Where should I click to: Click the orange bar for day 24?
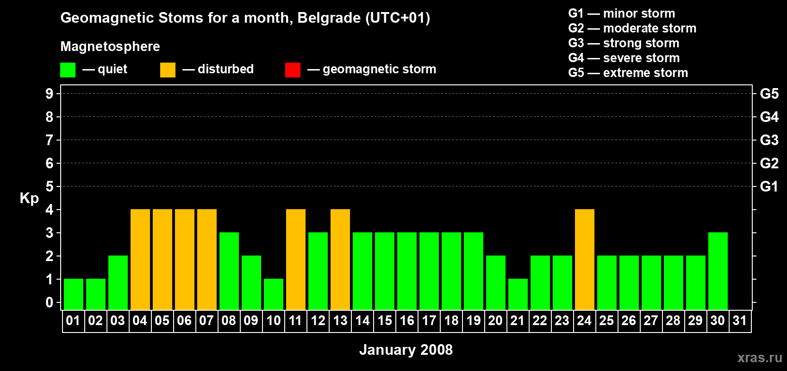(584, 259)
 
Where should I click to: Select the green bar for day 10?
(274, 294)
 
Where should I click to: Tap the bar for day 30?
(718, 271)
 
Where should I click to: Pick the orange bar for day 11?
(296, 259)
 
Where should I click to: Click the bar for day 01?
(74, 294)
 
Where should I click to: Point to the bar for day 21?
(518, 294)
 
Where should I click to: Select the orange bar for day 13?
(340, 259)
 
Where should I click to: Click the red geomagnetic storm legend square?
(293, 70)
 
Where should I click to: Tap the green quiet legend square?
(68, 70)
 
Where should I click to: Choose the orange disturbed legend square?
(168, 70)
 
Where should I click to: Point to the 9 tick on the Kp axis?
(50, 94)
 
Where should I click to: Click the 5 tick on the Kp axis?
(50, 186)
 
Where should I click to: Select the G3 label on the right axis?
(769, 140)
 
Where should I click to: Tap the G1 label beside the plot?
(769, 186)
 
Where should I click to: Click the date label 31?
(740, 321)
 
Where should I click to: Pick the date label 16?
(407, 321)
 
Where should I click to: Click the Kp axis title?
(29, 198)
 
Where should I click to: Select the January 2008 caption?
(406, 350)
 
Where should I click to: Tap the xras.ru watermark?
(760, 358)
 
